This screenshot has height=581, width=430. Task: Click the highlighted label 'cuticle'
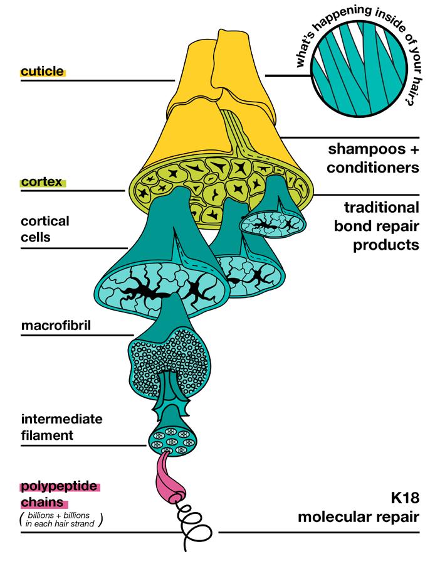(43, 72)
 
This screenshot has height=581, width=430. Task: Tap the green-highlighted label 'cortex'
(41, 182)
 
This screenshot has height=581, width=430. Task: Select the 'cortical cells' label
(45, 230)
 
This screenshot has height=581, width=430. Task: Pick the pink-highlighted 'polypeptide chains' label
(60, 494)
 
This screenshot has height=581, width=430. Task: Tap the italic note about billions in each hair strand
(60, 518)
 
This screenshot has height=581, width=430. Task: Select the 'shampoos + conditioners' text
(373, 159)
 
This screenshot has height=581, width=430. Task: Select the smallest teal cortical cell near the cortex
(273, 222)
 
